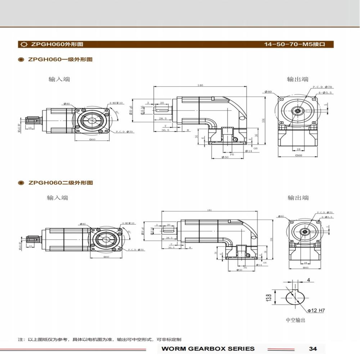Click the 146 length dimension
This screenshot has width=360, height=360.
(x=200, y=85)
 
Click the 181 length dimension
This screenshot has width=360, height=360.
(x=210, y=210)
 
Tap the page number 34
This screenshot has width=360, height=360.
(x=313, y=348)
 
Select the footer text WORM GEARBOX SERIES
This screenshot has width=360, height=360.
(x=208, y=348)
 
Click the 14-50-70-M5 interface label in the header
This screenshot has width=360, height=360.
(x=294, y=45)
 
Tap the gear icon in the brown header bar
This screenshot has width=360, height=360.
(x=24, y=45)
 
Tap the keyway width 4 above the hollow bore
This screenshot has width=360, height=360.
(x=308, y=280)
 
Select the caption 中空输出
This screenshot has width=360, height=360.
(x=295, y=320)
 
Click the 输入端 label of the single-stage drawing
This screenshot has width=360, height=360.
(x=59, y=79)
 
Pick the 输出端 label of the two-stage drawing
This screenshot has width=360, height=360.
(x=298, y=198)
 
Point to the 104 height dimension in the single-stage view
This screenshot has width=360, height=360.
(x=263, y=121)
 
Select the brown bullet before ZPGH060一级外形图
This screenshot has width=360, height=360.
(x=21, y=59)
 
